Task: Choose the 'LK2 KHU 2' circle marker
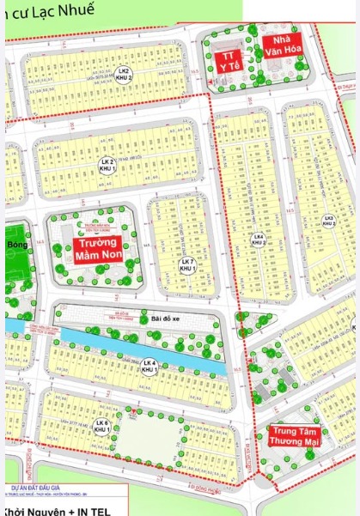point(124,75)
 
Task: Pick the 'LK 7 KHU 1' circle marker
point(187,265)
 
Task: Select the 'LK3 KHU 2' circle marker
point(328,221)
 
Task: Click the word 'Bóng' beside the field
point(16,246)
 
